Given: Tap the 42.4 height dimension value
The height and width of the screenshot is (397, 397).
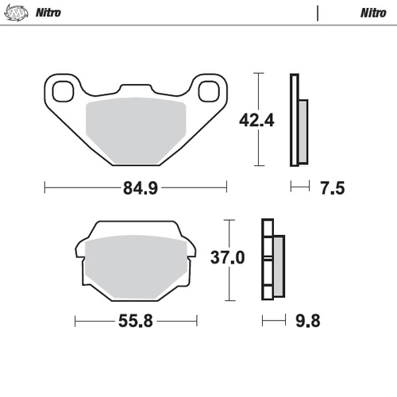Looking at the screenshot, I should [238, 121].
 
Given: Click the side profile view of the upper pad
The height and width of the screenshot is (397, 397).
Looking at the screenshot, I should [299, 121].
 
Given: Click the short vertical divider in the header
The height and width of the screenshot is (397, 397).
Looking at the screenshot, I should [318, 13].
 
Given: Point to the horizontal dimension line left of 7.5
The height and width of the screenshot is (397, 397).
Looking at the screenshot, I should [299, 187].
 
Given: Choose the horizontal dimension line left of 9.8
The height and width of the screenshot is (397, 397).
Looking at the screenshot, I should [272, 321].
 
